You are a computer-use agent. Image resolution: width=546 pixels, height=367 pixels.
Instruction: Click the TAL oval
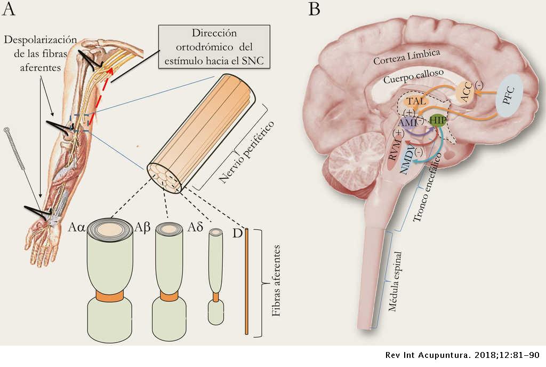(x=416, y=101)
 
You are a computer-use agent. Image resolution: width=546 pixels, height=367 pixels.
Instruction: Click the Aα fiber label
(x=76, y=227)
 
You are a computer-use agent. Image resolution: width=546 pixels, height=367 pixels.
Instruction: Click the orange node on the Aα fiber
(x=110, y=295)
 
